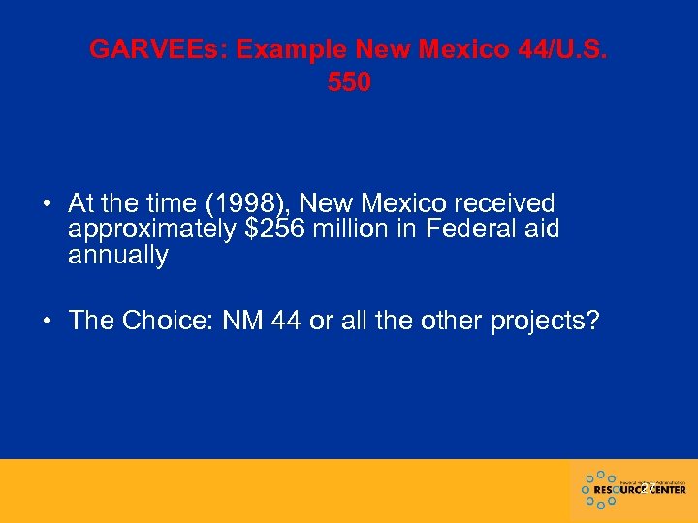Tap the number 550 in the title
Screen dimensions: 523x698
coord(349,83)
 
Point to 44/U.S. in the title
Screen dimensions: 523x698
coord(556,49)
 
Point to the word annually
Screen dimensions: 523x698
coord(118,256)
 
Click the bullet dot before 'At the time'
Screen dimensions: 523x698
coord(47,204)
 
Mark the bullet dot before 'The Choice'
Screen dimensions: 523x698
coord(47,322)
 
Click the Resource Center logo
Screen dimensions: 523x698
coord(634,489)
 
